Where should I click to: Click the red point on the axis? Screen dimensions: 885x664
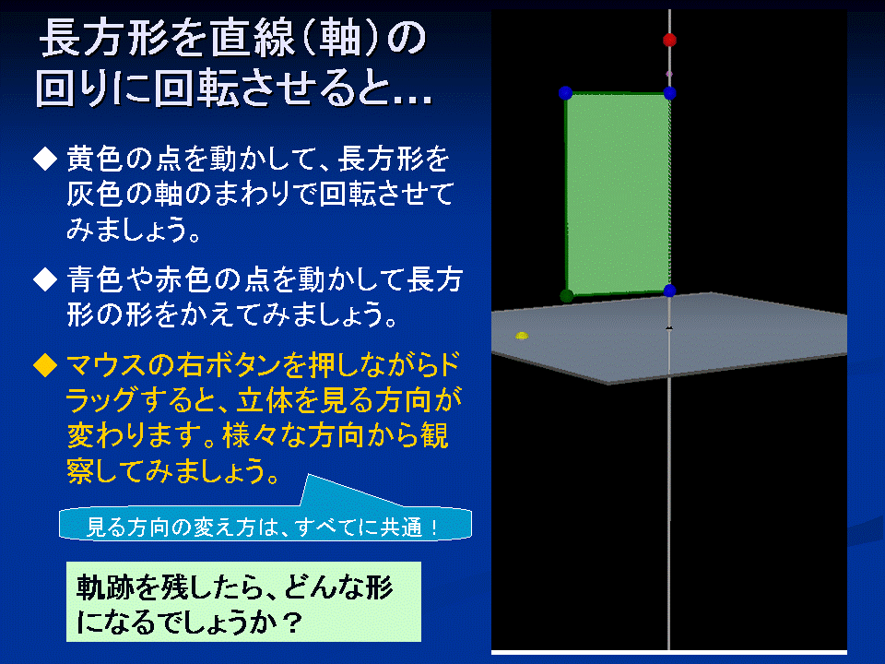click(x=669, y=40)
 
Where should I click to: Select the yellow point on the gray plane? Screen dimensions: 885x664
click(x=522, y=336)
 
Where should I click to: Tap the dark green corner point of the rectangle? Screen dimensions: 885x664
click(x=567, y=295)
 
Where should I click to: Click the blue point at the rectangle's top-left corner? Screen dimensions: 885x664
click(x=565, y=93)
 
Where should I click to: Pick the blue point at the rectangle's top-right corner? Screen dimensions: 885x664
click(x=670, y=93)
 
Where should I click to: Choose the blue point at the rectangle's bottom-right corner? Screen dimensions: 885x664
click(x=670, y=290)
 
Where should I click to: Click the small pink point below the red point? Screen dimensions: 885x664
click(x=669, y=74)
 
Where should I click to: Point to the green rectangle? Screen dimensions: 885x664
click(x=618, y=194)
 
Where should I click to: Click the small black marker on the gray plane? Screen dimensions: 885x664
click(x=669, y=327)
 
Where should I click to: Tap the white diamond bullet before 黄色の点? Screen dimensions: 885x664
click(x=45, y=159)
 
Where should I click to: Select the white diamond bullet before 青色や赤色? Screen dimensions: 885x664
click(x=45, y=279)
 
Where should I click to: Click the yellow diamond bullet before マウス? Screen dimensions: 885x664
click(x=45, y=365)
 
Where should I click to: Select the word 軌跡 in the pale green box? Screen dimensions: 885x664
click(x=104, y=587)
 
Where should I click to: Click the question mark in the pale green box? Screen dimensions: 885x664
click(x=291, y=622)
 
